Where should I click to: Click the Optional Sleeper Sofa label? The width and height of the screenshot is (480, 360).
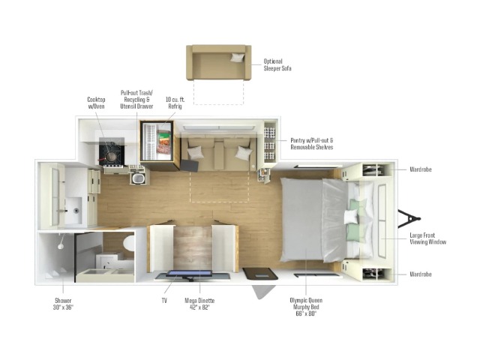[277, 64]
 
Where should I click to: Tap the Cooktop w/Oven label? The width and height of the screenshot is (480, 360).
[96, 103]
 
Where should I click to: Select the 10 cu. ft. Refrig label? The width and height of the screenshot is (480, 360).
[175, 103]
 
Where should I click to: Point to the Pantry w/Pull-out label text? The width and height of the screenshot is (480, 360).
[312, 143]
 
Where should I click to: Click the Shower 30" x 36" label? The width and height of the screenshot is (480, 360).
[63, 304]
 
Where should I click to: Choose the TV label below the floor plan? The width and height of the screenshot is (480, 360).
[164, 301]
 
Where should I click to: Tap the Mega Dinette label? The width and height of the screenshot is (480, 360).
[199, 304]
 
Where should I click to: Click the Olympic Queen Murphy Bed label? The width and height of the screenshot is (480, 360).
[306, 307]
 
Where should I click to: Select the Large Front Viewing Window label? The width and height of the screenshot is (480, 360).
[427, 238]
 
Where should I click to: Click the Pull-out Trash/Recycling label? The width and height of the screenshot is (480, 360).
[136, 100]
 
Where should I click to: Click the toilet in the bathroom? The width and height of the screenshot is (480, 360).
[129, 243]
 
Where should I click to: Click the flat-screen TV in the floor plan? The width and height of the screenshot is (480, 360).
[189, 274]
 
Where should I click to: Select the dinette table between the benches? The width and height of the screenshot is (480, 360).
[193, 248]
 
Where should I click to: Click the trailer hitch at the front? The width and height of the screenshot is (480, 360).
[409, 218]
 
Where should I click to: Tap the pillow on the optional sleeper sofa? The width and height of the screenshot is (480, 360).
[238, 57]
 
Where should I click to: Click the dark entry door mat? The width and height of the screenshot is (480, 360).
[260, 274]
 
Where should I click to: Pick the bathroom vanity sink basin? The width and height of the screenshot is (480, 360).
[73, 210]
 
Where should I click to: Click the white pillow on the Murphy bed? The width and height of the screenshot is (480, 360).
[351, 217]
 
